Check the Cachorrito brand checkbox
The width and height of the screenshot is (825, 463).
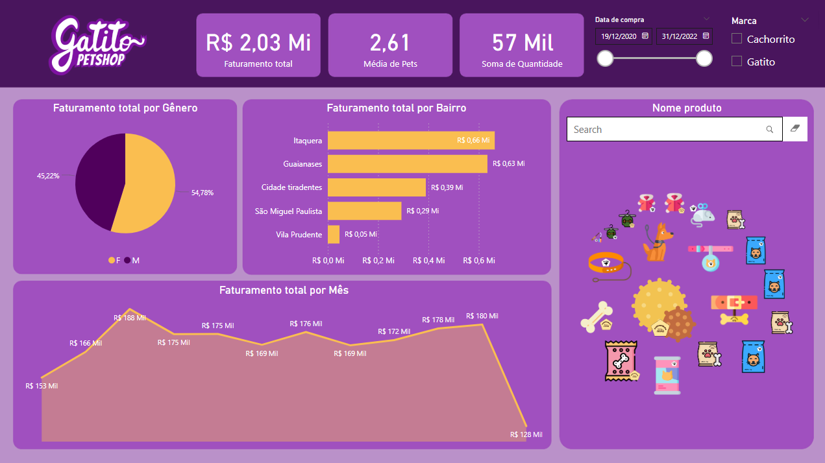pyautogui.click(x=737, y=39)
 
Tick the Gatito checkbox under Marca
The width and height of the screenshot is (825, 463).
pyautogui.click(x=737, y=62)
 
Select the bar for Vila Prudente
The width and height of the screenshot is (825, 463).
pyautogui.click(x=334, y=234)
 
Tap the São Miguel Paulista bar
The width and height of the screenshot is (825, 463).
pyautogui.click(x=364, y=211)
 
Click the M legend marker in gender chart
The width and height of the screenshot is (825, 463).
pyautogui.click(x=127, y=260)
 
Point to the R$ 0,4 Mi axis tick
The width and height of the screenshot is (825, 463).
pyautogui.click(x=429, y=261)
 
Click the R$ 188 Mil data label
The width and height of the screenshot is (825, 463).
pyautogui.click(x=130, y=318)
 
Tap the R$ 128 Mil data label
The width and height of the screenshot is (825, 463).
pyautogui.click(x=526, y=434)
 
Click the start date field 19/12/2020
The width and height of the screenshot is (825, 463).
pyautogui.click(x=618, y=36)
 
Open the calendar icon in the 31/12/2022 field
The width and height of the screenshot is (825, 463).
pyautogui.click(x=706, y=36)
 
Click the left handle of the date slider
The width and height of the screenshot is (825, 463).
pyautogui.click(x=605, y=58)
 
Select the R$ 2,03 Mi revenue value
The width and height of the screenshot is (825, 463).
pyautogui.click(x=258, y=43)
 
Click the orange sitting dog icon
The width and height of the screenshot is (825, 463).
pyautogui.click(x=658, y=243)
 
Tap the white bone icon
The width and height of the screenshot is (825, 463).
pyautogui.click(x=596, y=316)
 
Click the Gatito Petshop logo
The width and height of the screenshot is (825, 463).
pyautogui.click(x=97, y=44)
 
